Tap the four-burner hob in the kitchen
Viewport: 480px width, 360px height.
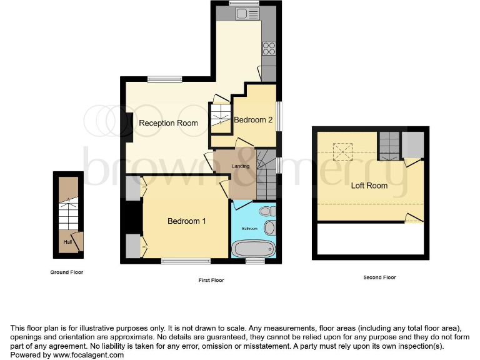[x=269, y=48]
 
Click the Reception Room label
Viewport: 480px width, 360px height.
[x=168, y=123]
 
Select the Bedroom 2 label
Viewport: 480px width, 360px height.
[x=253, y=120]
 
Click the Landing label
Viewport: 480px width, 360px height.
[x=241, y=166]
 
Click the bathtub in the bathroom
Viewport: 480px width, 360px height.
[x=253, y=249]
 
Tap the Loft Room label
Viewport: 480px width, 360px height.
[x=369, y=186]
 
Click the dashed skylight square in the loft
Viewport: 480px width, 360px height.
[x=343, y=151]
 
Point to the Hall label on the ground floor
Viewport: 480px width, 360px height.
[x=66, y=241]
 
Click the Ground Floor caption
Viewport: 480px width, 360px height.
[x=67, y=272]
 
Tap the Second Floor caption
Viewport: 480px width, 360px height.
[x=379, y=277]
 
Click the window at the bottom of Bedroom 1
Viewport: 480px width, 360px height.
[x=186, y=261]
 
